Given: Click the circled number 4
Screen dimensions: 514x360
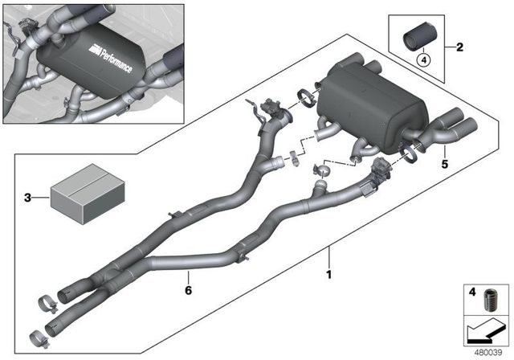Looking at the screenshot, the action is [421, 58].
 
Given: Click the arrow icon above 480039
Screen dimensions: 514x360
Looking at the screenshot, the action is [484, 331].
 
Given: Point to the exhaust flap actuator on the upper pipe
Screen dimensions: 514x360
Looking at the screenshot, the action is [271, 111].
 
